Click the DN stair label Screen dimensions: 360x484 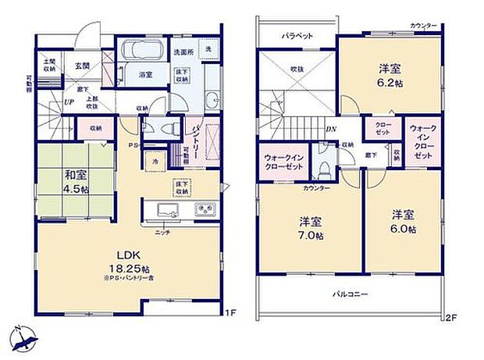331,130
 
